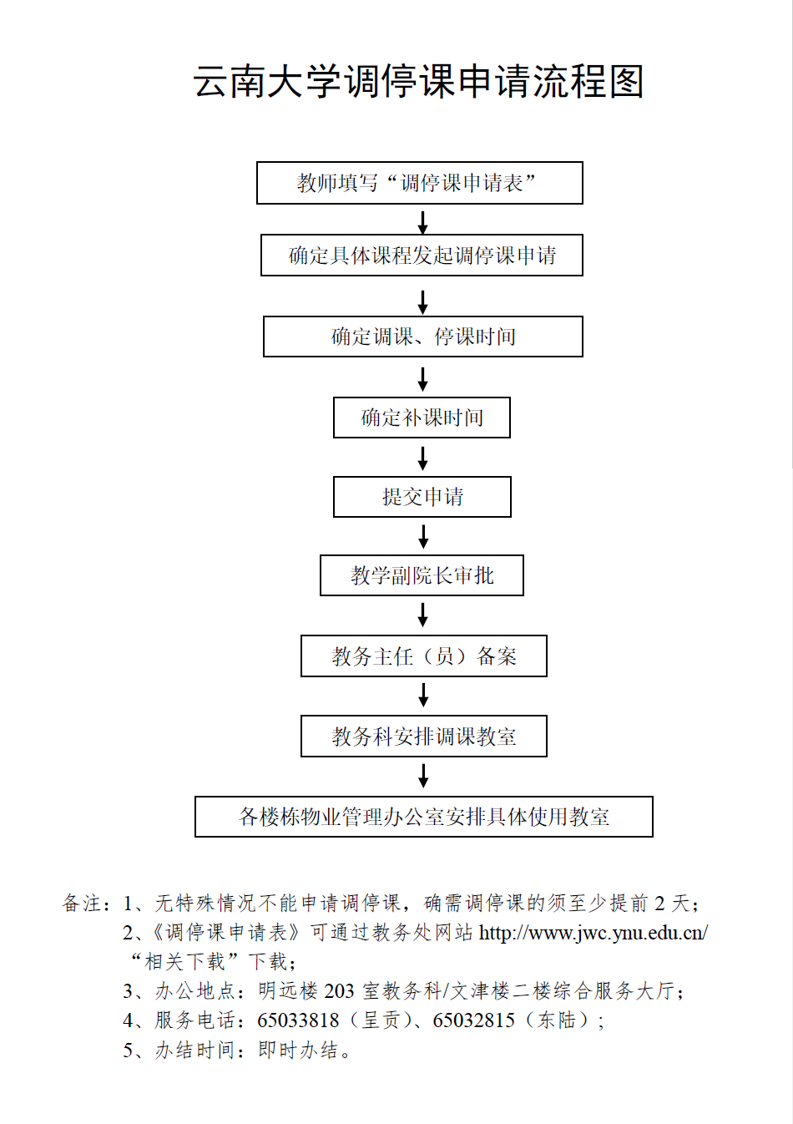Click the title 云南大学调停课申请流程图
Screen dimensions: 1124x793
point(418,82)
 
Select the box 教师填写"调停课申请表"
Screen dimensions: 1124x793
point(419,183)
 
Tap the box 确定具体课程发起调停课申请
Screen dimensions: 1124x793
point(422,256)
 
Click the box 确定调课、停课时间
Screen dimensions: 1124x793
point(422,337)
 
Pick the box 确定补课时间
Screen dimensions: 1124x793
point(422,418)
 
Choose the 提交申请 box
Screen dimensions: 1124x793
point(422,497)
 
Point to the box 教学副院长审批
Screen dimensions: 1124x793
point(422,575)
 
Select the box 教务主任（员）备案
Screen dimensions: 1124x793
point(423,656)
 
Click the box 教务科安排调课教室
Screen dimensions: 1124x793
point(423,737)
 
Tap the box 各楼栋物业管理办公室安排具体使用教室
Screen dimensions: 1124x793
point(423,817)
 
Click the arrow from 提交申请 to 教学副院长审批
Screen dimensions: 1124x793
point(423,536)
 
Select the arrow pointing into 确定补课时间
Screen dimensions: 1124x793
point(423,378)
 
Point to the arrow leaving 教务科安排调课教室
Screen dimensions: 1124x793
point(423,776)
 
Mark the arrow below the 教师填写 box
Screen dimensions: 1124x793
point(423,221)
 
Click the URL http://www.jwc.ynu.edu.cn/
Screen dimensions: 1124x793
point(593,933)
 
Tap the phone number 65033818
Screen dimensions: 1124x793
point(298,1020)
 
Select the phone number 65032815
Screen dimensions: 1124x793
point(473,1020)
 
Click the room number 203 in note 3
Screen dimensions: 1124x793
point(339,991)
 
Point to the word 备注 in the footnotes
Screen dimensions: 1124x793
point(81,904)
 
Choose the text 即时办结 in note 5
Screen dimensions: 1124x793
point(298,1051)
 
